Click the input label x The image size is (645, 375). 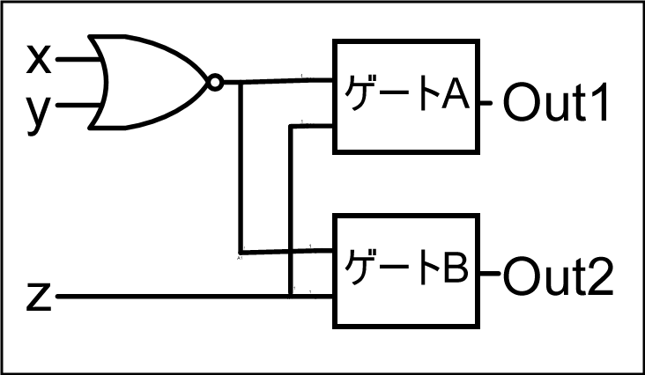coord(39,60)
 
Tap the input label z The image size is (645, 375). coord(38,297)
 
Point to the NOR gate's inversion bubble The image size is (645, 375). coord(213,84)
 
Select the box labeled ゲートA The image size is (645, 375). coord(406,96)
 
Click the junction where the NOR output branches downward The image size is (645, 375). coord(241,83)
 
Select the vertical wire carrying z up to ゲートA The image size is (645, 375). coord(292,211)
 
